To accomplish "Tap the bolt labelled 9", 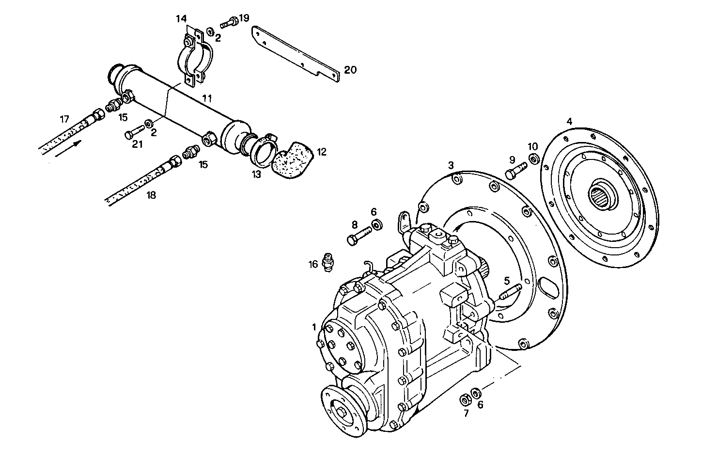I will tap(514, 172).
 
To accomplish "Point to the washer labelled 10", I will tap(533, 158).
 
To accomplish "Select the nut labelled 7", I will tap(464, 399).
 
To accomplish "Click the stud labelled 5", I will tap(510, 293).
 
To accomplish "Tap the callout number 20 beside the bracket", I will tap(350, 70).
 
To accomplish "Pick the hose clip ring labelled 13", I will tap(261, 150).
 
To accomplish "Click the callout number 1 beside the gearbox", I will tap(314, 327).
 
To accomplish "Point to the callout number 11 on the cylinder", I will tap(207, 98).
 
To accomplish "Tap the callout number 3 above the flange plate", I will tap(451, 165).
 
